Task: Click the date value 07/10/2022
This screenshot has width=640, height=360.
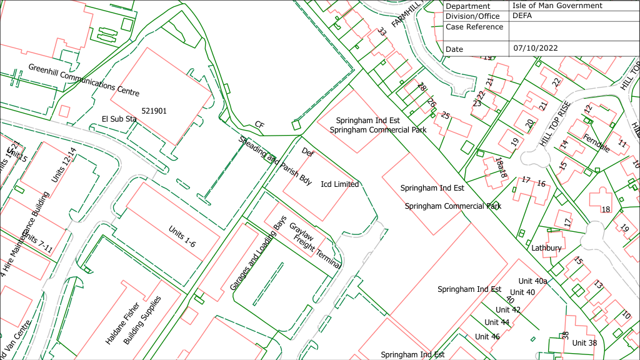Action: pyautogui.click(x=536, y=48)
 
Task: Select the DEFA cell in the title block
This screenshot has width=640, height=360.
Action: pyautogui.click(x=522, y=16)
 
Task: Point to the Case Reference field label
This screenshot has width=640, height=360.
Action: pyautogui.click(x=474, y=27)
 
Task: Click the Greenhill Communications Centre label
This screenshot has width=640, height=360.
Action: pyautogui.click(x=84, y=79)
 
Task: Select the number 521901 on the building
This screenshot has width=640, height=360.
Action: pyautogui.click(x=154, y=111)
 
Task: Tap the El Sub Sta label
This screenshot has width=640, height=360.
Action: pyautogui.click(x=119, y=119)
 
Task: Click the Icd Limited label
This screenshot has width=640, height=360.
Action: pyautogui.click(x=339, y=184)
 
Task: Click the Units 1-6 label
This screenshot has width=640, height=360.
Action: pyautogui.click(x=182, y=236)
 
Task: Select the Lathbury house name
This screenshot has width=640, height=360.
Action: pyautogui.click(x=546, y=247)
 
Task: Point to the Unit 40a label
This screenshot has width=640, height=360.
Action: pyautogui.click(x=532, y=281)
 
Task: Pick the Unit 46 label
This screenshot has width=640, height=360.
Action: pyautogui.click(x=487, y=336)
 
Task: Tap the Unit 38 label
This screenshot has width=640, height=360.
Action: pyautogui.click(x=584, y=342)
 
